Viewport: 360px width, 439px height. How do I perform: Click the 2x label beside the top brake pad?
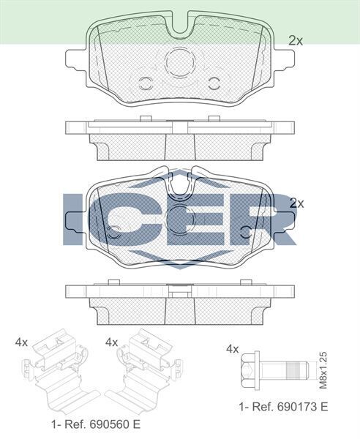click(296, 41)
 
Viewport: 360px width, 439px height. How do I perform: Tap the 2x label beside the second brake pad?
click(296, 203)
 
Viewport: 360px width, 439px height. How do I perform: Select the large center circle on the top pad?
click(180, 64)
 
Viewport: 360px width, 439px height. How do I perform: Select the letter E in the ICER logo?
click(192, 219)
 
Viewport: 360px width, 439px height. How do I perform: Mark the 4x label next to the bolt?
click(233, 349)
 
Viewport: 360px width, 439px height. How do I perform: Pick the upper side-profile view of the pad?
click(180, 139)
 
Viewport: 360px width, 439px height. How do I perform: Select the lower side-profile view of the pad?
click(180, 303)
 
